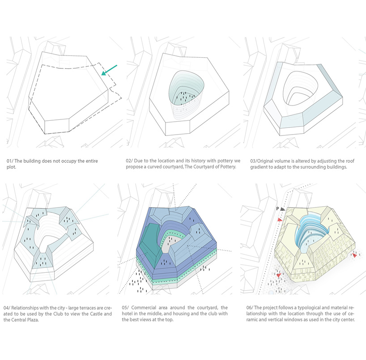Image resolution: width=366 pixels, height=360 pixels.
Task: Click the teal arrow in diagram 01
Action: coord(109,70)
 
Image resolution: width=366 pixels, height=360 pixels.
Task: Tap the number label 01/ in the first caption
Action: coord(10,161)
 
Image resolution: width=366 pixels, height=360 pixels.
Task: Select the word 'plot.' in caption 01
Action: coord(12,167)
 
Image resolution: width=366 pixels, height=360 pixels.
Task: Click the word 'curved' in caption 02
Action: coord(156,167)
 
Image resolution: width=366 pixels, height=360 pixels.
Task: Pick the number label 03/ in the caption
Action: coord(254,161)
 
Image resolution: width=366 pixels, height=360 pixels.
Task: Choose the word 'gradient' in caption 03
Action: coord(260,167)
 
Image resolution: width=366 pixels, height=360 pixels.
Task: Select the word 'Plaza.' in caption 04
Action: coord(32,320)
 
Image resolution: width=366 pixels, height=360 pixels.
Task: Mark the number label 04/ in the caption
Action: coord(7,308)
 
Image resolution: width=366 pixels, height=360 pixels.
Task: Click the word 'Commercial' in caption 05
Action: coord(144,308)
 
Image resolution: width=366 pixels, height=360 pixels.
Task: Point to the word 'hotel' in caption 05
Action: coord(127,313)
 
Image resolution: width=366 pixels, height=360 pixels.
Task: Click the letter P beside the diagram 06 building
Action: coord(277,208)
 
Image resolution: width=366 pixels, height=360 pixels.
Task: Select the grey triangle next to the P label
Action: coord(283,209)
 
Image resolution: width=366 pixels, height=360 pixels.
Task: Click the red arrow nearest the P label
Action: coord(280,220)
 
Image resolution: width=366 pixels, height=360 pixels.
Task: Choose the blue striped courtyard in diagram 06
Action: coord(311,231)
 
